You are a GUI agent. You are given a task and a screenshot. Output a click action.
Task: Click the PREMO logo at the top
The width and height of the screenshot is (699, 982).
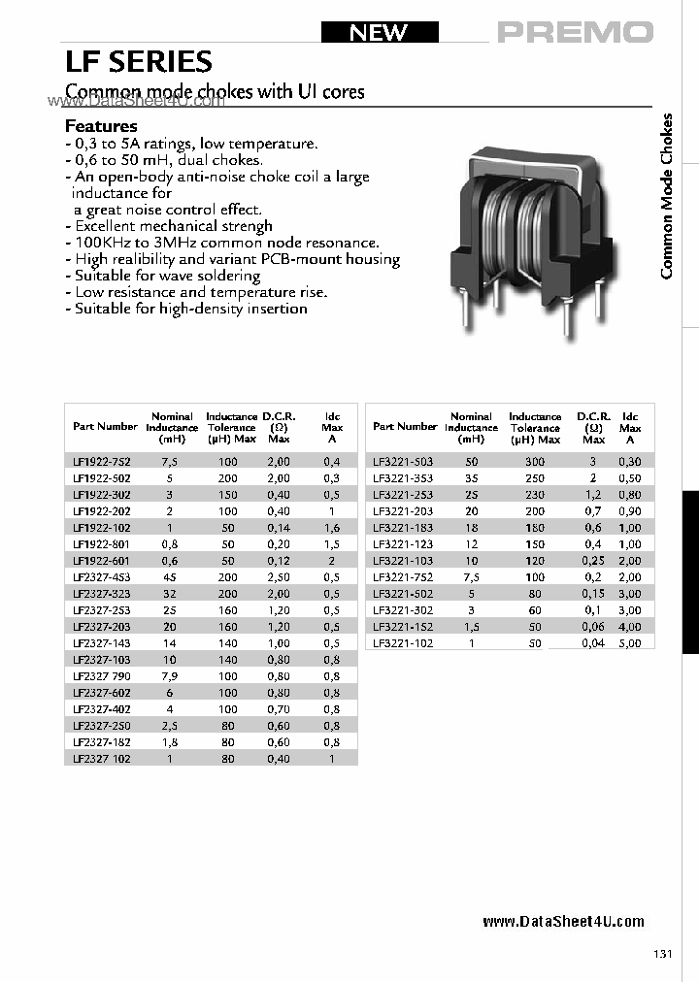pyautogui.click(x=575, y=32)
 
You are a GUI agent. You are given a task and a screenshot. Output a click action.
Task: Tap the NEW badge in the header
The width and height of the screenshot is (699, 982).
pyautogui.click(x=378, y=32)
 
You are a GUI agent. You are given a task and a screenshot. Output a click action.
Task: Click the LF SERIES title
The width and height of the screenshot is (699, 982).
pyautogui.click(x=138, y=62)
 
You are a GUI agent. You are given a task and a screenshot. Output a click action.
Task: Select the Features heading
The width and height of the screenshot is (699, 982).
pyautogui.click(x=101, y=126)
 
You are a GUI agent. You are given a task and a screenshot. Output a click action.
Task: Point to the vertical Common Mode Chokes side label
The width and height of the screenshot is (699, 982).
pyautogui.click(x=667, y=196)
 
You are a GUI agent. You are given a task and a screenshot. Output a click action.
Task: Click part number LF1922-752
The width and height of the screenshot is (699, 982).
pyautogui.click(x=102, y=462)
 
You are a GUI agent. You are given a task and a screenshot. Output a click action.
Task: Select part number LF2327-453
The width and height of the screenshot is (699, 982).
pyautogui.click(x=102, y=577)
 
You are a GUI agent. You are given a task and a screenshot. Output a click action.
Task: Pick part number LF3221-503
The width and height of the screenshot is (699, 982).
pyautogui.click(x=403, y=462)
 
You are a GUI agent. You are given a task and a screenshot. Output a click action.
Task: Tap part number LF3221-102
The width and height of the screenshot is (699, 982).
pyautogui.click(x=403, y=642)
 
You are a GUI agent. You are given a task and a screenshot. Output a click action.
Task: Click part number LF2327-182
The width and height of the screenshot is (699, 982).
pyautogui.click(x=102, y=742)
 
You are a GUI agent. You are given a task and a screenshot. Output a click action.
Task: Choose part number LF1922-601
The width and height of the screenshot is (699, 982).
pyautogui.click(x=102, y=561)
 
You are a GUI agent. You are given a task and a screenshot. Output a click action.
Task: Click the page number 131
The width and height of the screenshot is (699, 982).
pyautogui.click(x=663, y=955)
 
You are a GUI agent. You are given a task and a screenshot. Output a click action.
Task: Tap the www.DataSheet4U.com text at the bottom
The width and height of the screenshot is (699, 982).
pyautogui.click(x=563, y=922)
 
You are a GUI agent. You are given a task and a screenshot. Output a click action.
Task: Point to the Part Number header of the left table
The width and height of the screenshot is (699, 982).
pyautogui.click(x=105, y=426)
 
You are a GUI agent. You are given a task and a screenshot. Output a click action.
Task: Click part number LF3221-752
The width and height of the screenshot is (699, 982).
pyautogui.click(x=403, y=577)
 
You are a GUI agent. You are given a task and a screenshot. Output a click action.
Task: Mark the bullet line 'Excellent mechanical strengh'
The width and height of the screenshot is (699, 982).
pyautogui.click(x=168, y=226)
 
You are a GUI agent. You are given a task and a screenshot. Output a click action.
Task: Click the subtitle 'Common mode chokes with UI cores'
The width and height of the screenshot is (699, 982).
pyautogui.click(x=215, y=92)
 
